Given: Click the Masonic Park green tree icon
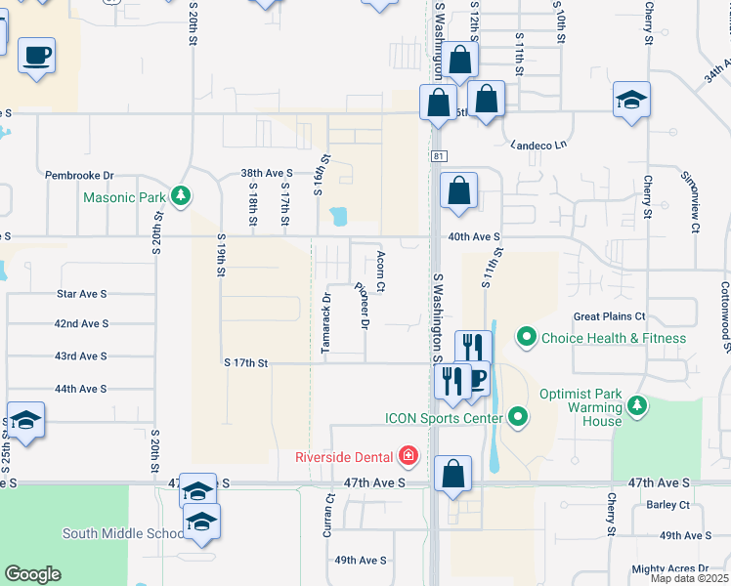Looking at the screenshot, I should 180,196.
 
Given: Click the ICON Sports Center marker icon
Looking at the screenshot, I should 519,419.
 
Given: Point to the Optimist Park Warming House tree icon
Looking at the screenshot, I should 637,404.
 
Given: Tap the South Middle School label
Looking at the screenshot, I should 123,533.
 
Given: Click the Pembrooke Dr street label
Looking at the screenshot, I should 79,176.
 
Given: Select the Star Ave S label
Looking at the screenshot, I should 81,292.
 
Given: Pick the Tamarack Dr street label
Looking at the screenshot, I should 327,322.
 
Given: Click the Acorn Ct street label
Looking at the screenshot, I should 380,272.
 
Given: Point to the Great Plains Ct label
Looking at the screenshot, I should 609,316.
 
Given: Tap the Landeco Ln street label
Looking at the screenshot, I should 538,146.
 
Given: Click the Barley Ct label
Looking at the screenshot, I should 667,505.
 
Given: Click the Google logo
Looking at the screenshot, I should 32,573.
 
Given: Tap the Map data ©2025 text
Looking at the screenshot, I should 690,578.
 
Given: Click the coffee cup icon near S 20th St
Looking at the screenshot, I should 37,55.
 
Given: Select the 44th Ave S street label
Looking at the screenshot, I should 80,389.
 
